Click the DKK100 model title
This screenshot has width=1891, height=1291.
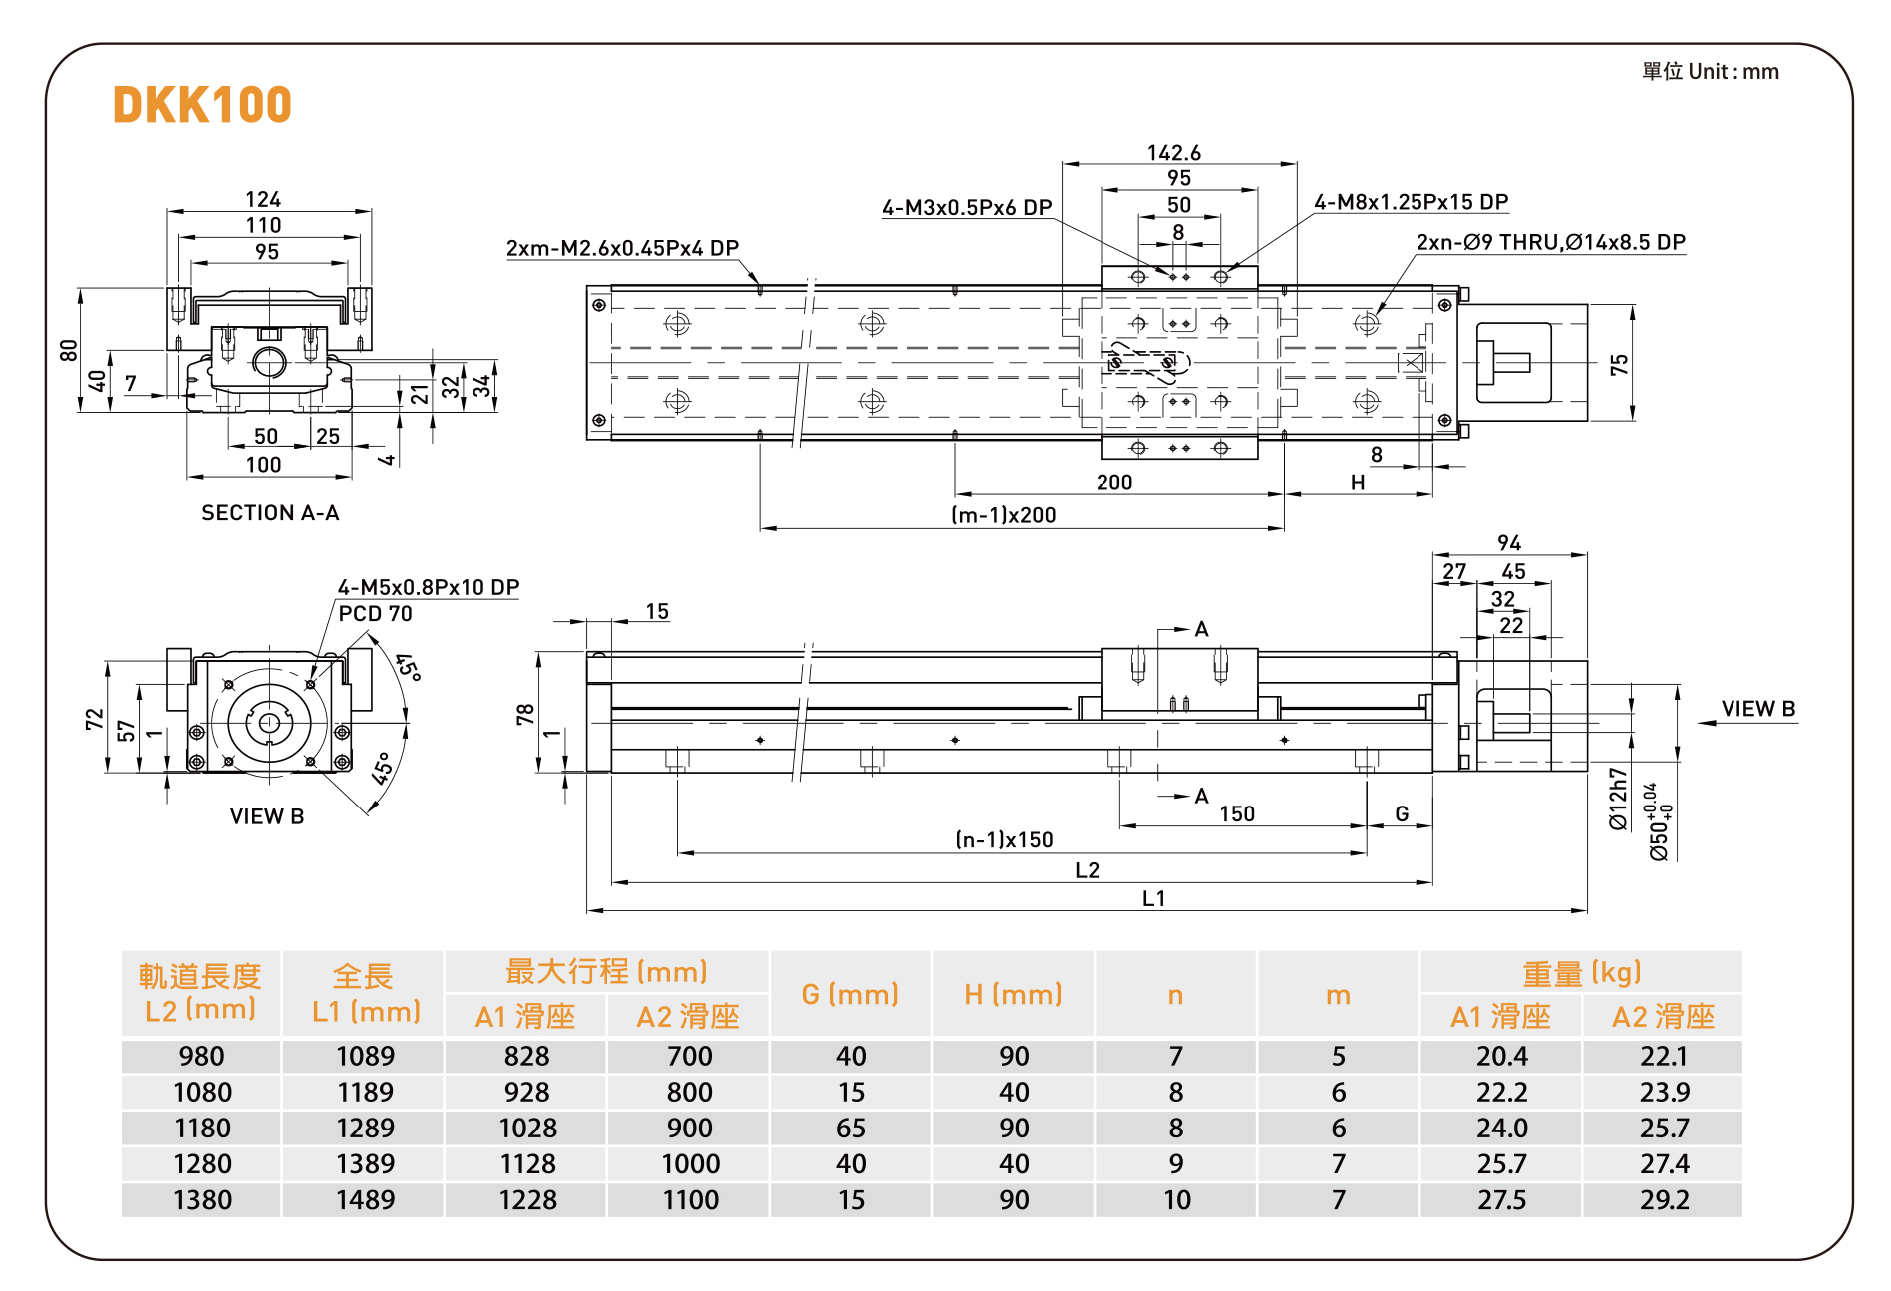(x=202, y=105)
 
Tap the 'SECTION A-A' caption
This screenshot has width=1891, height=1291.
(x=270, y=513)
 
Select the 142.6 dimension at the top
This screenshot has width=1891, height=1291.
(x=1174, y=153)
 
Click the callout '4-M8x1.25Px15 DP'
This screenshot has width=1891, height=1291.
(x=1411, y=202)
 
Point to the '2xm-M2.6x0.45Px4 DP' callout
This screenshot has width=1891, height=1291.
(x=622, y=248)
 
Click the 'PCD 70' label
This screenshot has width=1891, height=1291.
(x=375, y=614)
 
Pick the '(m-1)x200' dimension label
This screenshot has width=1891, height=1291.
(x=1003, y=515)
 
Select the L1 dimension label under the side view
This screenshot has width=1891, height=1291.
(x=1153, y=898)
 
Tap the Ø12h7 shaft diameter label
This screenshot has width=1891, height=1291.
(x=1618, y=799)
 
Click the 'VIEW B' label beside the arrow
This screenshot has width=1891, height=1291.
(x=1757, y=709)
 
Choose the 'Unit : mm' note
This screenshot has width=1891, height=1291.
(x=1711, y=72)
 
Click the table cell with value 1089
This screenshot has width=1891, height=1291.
(x=365, y=1056)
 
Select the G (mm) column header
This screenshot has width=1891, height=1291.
(x=850, y=994)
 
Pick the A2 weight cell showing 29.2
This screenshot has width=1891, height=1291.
(x=1664, y=1199)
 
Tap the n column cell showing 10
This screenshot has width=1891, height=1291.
(x=1176, y=1199)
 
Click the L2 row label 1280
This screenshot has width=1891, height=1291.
(x=202, y=1163)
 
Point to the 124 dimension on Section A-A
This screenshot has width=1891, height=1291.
(x=263, y=199)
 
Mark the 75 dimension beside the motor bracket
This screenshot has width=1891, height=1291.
(x=1619, y=364)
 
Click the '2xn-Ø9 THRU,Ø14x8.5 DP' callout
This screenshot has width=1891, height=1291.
(x=1550, y=242)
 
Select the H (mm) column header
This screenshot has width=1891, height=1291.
(x=1013, y=994)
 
